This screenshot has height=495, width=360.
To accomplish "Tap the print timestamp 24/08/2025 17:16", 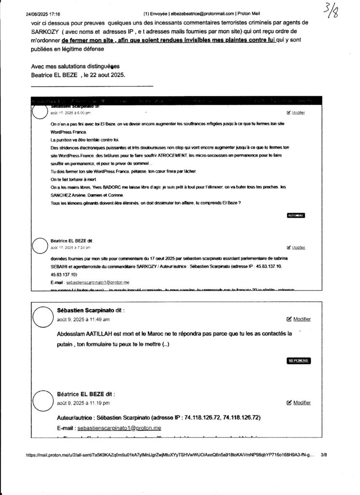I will click(41, 14).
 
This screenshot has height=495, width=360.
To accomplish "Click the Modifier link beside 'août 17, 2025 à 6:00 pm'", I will click(296, 113).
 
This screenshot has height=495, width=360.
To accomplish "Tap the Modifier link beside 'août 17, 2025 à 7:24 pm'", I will click(296, 247).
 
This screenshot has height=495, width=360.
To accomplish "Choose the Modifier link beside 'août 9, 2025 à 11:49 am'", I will click(299, 319).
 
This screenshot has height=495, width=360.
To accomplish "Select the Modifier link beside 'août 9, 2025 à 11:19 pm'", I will click(299, 403).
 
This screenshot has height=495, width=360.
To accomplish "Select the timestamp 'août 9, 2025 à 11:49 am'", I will click(83, 320).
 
